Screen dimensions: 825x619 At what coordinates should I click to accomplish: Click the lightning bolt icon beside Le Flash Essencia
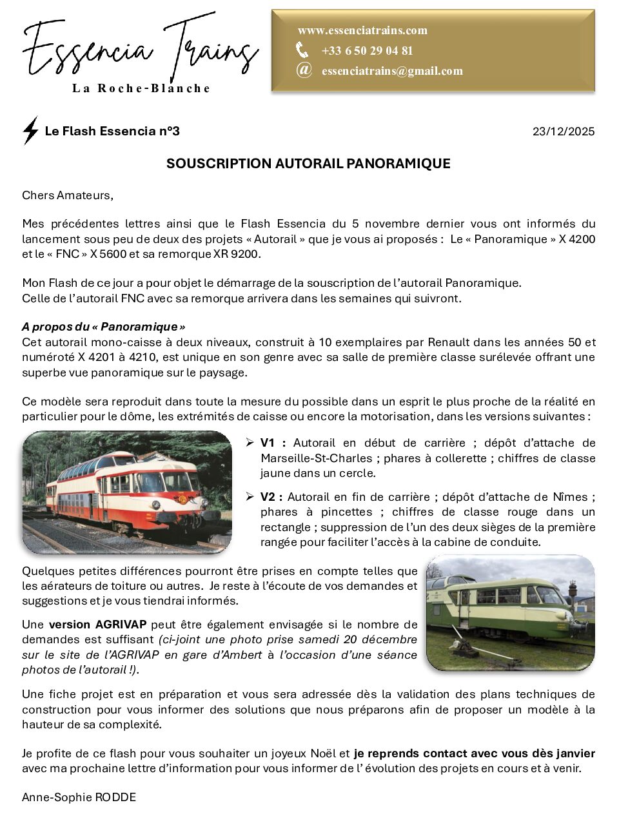[x=30, y=131]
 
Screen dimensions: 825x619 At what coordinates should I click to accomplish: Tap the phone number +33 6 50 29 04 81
[x=367, y=51]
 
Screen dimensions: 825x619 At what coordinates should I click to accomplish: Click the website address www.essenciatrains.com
[x=362, y=30]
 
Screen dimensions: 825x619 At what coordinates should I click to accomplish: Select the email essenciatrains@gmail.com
[x=392, y=71]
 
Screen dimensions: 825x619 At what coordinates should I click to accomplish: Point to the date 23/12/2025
[x=564, y=131]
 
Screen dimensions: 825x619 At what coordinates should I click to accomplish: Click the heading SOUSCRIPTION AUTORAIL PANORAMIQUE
[x=308, y=164]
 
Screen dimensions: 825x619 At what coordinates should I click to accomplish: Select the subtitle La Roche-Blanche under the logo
[x=141, y=88]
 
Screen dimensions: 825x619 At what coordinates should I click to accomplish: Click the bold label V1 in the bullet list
[x=271, y=443]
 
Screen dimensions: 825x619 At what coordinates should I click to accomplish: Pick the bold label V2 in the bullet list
[x=271, y=497]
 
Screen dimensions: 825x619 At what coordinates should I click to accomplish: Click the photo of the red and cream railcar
[x=127, y=492]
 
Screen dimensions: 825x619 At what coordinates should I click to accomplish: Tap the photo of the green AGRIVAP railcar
[x=510, y=613]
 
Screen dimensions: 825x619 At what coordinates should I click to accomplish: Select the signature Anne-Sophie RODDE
[x=79, y=797]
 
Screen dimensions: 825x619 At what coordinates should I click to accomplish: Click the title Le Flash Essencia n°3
[x=112, y=131]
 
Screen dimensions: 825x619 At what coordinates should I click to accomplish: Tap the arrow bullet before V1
[x=250, y=443]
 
